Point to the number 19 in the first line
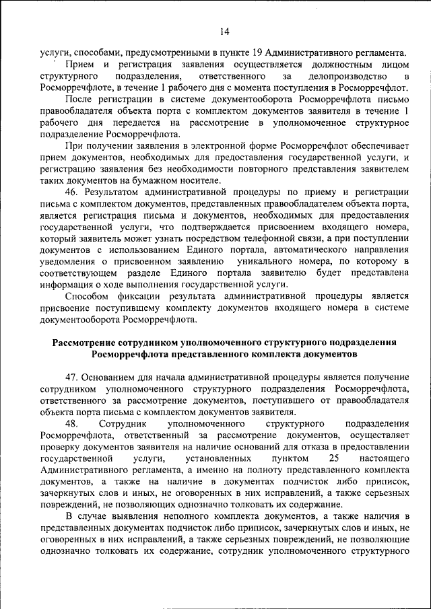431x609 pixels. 257,52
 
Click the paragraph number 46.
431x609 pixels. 73,192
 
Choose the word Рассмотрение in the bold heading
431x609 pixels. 87,343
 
